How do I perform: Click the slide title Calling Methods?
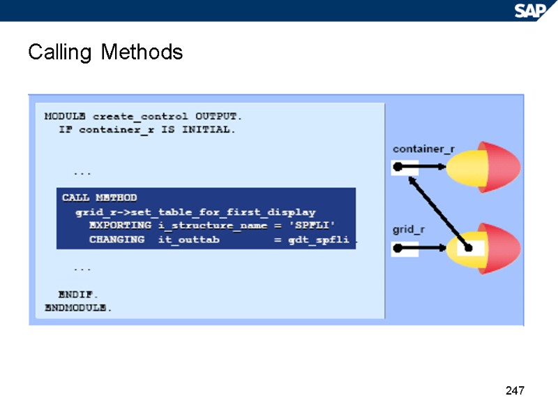[105, 52]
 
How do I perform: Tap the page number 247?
[514, 390]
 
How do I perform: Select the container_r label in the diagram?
[423, 149]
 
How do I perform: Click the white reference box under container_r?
[405, 168]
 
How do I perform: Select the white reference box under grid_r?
[405, 247]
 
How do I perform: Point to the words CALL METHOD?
[99, 198]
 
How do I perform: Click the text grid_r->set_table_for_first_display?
[195, 212]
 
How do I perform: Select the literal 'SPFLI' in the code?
[312, 226]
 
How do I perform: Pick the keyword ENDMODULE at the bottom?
[78, 307]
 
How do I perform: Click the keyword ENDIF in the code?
[78, 294]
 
